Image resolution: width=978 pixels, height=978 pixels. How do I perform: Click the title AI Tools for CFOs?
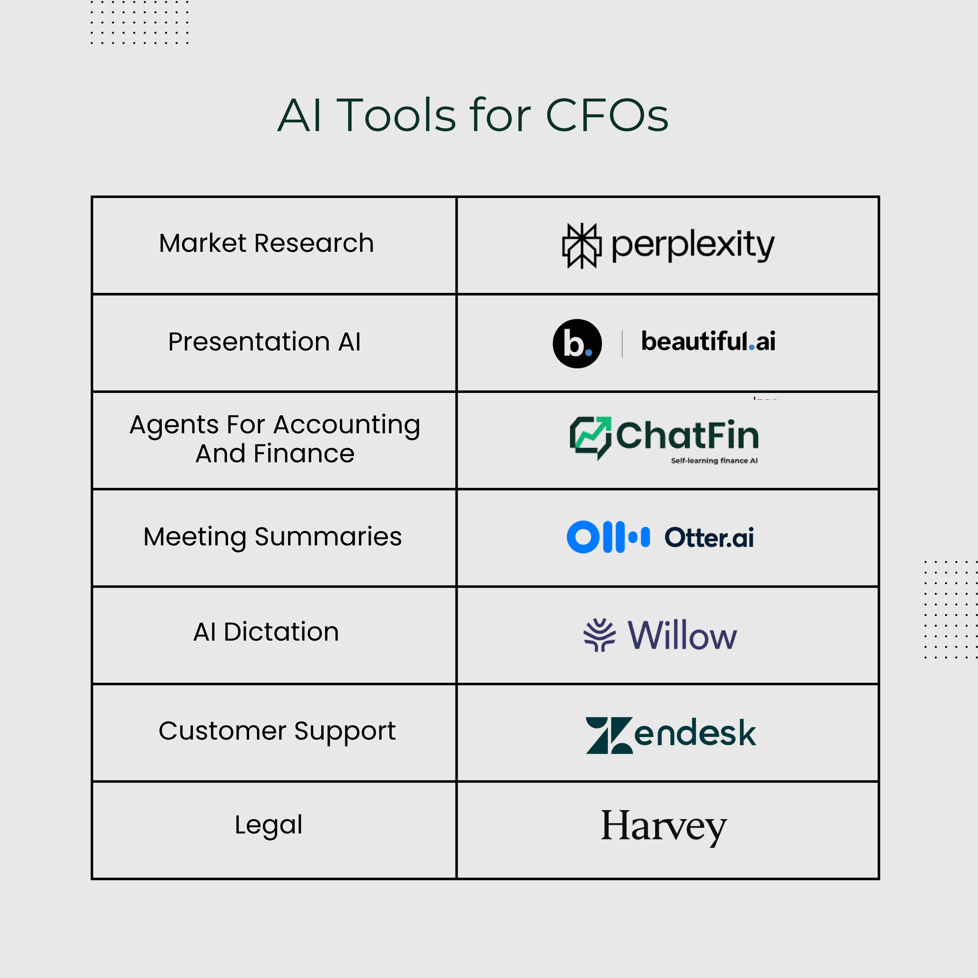[473, 116]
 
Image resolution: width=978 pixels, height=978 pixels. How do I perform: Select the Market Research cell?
[274, 245]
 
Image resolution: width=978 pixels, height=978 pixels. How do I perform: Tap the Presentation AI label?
[264, 342]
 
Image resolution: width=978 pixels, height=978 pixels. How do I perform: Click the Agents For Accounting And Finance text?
[275, 439]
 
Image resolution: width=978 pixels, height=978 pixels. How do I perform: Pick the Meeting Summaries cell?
[274, 537]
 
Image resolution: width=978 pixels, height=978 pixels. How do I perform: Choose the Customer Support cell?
[274, 732]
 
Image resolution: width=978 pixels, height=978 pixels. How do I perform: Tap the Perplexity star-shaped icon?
[582, 246]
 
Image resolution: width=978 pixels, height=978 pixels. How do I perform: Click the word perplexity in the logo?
[693, 246]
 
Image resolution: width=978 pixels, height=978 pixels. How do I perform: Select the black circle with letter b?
[577, 344]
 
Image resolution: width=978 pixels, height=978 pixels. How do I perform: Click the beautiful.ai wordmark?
[708, 341]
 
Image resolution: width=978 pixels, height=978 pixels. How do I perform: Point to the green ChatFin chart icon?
[590, 438]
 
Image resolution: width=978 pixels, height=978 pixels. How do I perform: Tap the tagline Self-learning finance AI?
[714, 461]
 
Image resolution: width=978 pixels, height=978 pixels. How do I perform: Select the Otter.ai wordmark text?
[709, 537]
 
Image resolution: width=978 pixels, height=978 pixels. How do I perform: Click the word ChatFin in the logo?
[688, 435]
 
